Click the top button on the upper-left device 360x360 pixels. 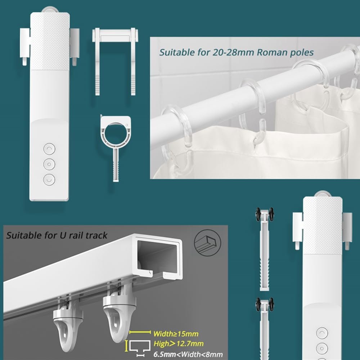click(x=49, y=149)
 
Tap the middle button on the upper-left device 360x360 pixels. click(x=49, y=164)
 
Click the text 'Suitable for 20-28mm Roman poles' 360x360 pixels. click(x=237, y=53)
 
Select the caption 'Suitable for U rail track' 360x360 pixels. click(x=57, y=235)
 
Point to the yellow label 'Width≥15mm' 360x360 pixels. click(x=176, y=334)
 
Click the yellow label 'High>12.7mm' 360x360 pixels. click(x=179, y=343)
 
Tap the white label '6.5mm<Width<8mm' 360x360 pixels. click(x=188, y=354)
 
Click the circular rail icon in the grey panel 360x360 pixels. click(x=208, y=243)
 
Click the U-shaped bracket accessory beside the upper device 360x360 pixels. click(x=115, y=61)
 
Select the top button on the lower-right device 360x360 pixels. click(x=322, y=333)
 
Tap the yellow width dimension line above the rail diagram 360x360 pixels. click(x=140, y=332)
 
